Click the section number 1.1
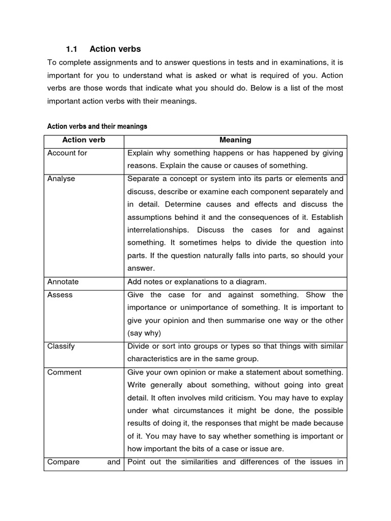pyautogui.click(x=71, y=49)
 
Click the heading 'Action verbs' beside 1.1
pyautogui.click(x=115, y=49)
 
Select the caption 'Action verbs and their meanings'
pyautogui.click(x=97, y=126)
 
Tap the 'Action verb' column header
pyautogui.click(x=83, y=140)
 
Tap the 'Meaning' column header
pyautogui.click(x=235, y=140)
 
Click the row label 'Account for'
pyautogui.click(x=67, y=153)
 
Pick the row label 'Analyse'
pyautogui.click(x=61, y=179)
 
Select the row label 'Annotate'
pyautogui.click(x=63, y=281)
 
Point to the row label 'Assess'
pyautogui.click(x=60, y=295)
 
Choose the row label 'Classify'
pyautogui.click(x=61, y=346)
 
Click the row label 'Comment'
pyautogui.click(x=64, y=372)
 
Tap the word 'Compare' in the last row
pyautogui.click(x=64, y=462)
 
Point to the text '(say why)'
pyautogui.click(x=144, y=333)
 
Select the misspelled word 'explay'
pyautogui.click(x=332, y=398)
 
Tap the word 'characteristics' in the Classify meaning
pyautogui.click(x=152, y=359)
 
